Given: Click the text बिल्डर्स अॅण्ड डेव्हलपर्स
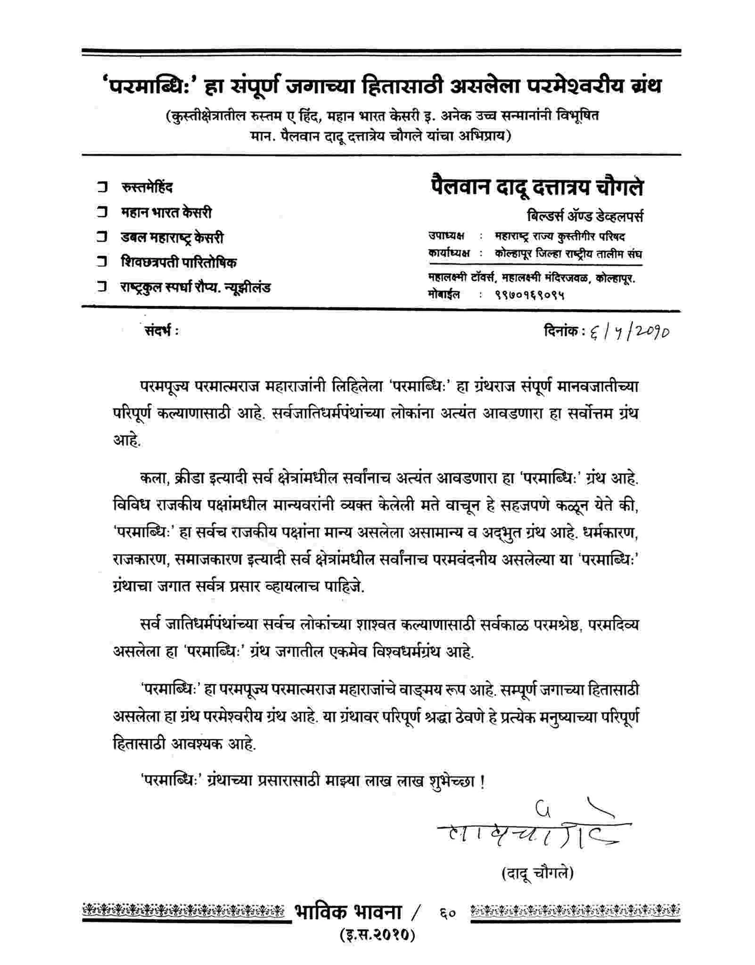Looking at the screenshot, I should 585,217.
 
